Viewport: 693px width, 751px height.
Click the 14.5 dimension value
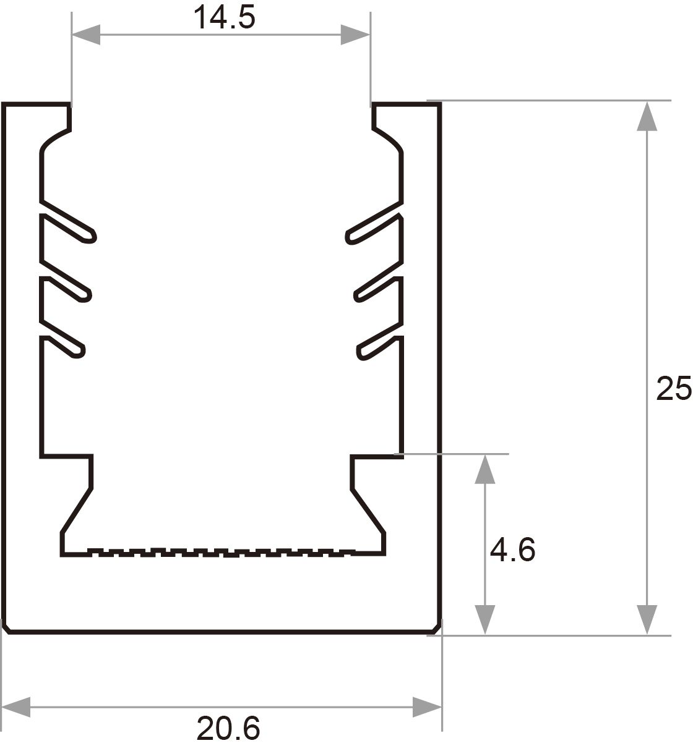(x=224, y=17)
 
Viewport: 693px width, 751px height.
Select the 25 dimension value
(x=674, y=388)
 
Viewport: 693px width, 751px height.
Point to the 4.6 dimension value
(x=512, y=549)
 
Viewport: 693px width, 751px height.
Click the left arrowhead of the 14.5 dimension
(x=86, y=35)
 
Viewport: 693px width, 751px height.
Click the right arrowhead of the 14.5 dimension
(x=355, y=35)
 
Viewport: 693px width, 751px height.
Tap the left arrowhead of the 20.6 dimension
(x=16, y=706)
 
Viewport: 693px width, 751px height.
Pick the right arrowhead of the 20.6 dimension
(x=427, y=706)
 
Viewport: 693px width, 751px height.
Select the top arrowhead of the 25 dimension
(x=647, y=116)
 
